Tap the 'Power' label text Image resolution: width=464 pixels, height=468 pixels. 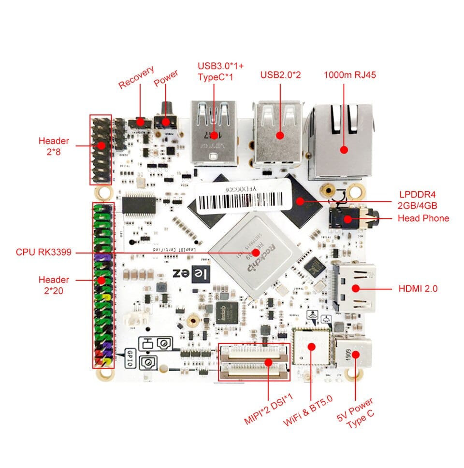click(x=166, y=78)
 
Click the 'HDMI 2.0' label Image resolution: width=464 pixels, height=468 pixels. click(x=418, y=289)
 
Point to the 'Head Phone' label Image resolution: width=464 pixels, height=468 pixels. click(x=423, y=218)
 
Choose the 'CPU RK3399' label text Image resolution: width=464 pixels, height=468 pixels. click(x=44, y=252)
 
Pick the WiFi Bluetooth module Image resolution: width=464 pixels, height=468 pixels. click(x=311, y=347)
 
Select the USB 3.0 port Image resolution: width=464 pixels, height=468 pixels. click(x=214, y=131)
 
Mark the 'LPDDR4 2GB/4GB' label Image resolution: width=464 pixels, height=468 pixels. click(x=418, y=199)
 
